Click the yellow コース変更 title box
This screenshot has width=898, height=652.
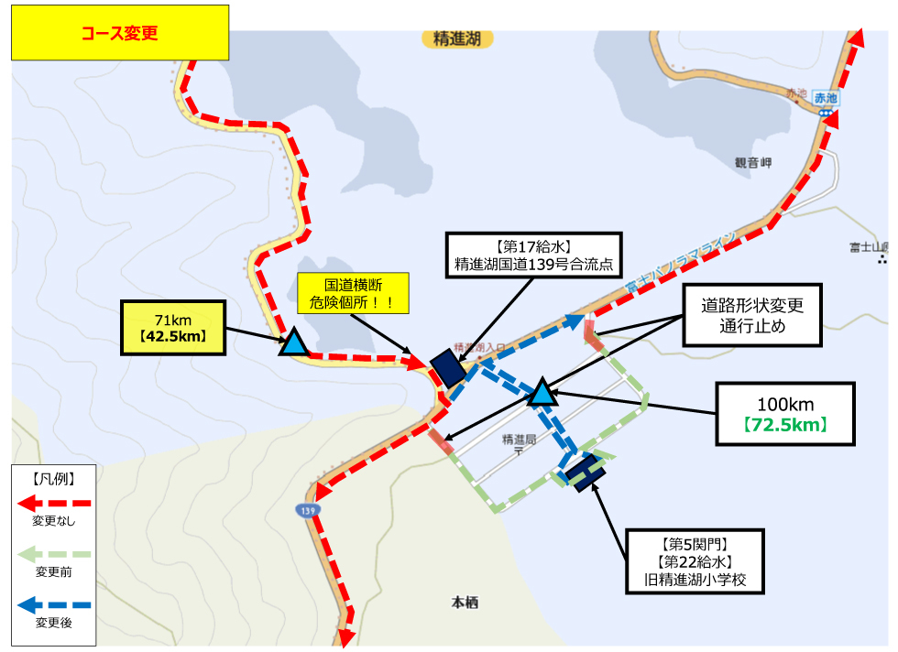click(119, 33)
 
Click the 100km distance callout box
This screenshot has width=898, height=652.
click(785, 413)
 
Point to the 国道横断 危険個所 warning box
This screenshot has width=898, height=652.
click(353, 291)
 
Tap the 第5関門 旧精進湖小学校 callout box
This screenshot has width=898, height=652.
click(694, 560)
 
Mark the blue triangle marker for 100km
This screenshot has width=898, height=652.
click(542, 393)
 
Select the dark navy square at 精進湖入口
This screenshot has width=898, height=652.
click(447, 367)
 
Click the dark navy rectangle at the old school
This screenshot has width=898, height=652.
click(584, 472)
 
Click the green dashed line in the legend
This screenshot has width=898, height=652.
click(55, 554)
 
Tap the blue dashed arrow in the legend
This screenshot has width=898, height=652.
click(55, 604)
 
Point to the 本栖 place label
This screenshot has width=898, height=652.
click(465, 603)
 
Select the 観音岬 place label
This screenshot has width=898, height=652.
click(753, 162)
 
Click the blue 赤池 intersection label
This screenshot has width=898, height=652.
click(827, 98)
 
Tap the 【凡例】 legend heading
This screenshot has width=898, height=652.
click(53, 478)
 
